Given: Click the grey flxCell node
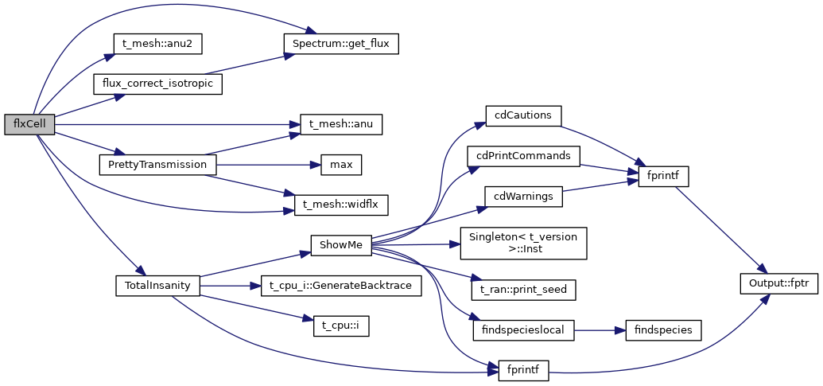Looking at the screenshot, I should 29,124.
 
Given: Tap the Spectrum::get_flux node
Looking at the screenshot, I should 340,43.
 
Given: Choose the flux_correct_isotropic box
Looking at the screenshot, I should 157,83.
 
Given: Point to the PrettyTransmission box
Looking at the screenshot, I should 157,165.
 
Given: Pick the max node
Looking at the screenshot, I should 341,165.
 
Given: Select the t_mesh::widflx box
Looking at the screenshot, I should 341,205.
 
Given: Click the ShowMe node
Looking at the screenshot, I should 340,244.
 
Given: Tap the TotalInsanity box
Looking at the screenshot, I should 157,284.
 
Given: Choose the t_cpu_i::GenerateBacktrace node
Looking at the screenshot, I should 340,285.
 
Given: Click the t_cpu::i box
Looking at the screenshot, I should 341,325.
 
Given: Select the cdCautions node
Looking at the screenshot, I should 523,115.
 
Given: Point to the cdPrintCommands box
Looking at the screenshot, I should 523,155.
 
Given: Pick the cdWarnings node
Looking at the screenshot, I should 523,195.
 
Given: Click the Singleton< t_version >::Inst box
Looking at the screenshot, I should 523,243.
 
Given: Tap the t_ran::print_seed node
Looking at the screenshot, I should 523,290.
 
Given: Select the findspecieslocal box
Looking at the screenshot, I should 523,329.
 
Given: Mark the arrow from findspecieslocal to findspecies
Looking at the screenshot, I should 600,329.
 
